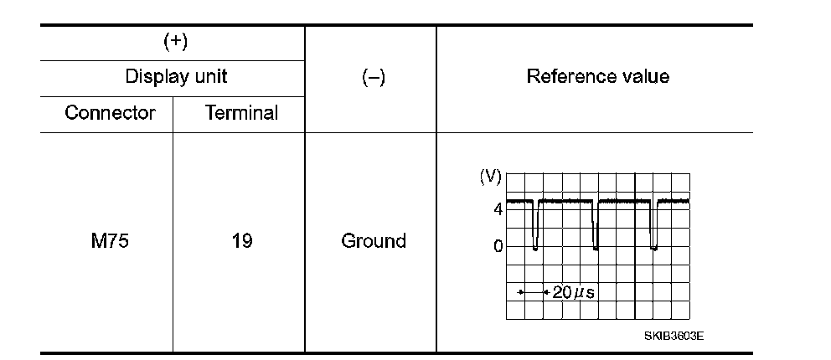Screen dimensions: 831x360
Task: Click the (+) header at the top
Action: (x=174, y=43)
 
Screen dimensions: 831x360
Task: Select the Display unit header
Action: (x=176, y=77)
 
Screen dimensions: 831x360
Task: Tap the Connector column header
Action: (x=110, y=113)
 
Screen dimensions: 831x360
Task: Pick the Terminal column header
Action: (x=241, y=113)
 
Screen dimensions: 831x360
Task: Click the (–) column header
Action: (x=373, y=77)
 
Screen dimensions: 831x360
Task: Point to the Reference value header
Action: (x=597, y=76)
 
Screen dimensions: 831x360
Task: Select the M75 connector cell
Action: (x=110, y=241)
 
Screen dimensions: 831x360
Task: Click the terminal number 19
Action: (x=241, y=241)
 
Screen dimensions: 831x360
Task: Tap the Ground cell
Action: (x=373, y=241)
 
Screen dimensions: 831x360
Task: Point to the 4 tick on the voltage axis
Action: (x=498, y=209)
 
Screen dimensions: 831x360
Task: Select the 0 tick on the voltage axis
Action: (x=498, y=246)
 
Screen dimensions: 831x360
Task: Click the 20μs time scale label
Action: (x=573, y=292)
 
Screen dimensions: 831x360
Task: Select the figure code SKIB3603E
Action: (x=674, y=335)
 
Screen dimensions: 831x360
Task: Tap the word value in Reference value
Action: (x=645, y=76)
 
